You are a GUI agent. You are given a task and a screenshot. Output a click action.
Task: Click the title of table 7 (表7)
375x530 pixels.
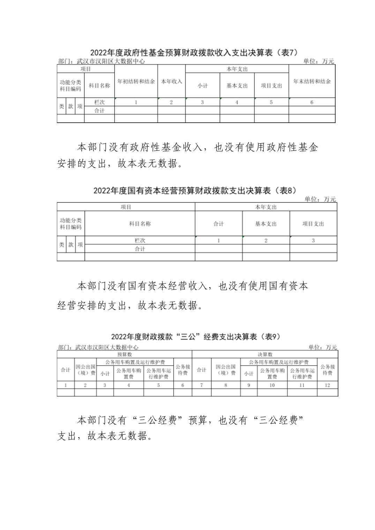194,53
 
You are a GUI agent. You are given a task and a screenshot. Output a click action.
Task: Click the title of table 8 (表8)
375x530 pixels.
194,191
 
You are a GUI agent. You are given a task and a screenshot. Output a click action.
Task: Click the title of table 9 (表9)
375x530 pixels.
195,337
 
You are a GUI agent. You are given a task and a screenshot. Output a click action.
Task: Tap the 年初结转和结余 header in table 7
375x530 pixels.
136,82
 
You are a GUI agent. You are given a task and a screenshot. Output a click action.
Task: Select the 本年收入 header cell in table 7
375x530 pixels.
171,82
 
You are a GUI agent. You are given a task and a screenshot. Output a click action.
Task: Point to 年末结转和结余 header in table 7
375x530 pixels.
312,82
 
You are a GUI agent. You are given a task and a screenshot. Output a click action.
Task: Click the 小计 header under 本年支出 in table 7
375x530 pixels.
202,86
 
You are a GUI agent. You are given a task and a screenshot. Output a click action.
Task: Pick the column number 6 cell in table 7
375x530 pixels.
312,102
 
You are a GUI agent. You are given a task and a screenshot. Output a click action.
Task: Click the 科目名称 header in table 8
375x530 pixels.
140,224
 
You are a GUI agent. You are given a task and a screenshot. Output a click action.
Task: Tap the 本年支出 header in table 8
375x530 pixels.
266,207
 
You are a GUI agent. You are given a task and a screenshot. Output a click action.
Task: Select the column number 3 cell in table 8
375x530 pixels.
313,240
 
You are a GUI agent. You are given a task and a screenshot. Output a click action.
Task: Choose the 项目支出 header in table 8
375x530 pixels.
313,224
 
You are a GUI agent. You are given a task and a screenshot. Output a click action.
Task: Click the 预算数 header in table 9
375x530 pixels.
125,354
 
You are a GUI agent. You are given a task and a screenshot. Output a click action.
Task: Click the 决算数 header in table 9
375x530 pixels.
265,354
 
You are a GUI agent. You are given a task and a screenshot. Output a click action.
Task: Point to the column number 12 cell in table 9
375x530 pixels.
328,385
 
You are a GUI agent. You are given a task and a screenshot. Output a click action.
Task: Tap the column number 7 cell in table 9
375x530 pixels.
202,385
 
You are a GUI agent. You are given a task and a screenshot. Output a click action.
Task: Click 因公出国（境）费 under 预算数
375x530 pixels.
85,370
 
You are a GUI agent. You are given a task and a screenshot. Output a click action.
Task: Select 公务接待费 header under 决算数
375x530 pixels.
328,370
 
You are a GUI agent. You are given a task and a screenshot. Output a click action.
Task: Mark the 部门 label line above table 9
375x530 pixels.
98,347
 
